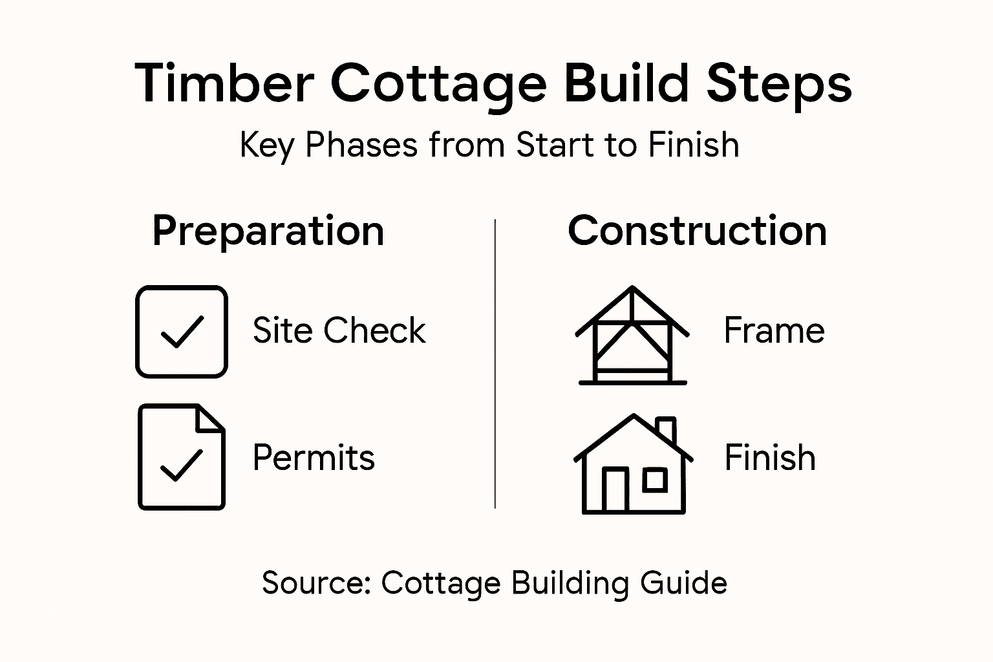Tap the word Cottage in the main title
[439, 83]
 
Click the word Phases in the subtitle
[361, 145]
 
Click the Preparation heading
[268, 231]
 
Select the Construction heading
[697, 231]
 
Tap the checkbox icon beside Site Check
[182, 332]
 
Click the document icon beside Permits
[182, 457]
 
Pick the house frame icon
[632, 336]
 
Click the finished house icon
[633, 465]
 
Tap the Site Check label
[339, 330]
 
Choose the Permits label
[314, 458]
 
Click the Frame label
[774, 330]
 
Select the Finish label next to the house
[769, 458]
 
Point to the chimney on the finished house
[666, 429]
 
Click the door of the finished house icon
[615, 489]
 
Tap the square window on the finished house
[655, 480]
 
